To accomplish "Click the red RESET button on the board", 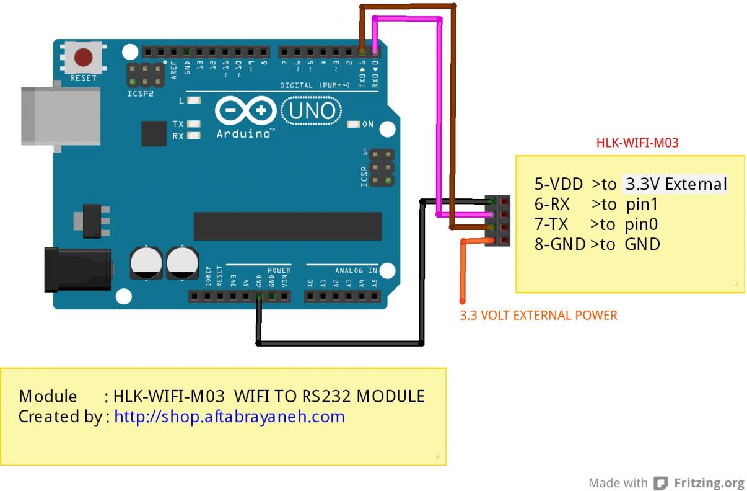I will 83,58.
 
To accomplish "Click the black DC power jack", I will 77,268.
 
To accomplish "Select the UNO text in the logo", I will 312,112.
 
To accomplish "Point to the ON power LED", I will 354,125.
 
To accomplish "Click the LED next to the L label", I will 194,100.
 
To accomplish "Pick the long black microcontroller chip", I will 287,226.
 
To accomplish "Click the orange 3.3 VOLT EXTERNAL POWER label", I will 538,315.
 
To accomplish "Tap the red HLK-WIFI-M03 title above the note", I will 637,143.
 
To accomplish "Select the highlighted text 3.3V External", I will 675,184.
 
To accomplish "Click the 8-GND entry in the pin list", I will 560,244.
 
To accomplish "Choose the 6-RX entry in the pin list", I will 552,204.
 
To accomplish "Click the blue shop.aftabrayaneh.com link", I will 229,416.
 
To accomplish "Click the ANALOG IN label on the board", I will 356,271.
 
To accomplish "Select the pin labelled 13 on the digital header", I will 199,64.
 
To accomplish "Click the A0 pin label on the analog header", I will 310,283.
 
